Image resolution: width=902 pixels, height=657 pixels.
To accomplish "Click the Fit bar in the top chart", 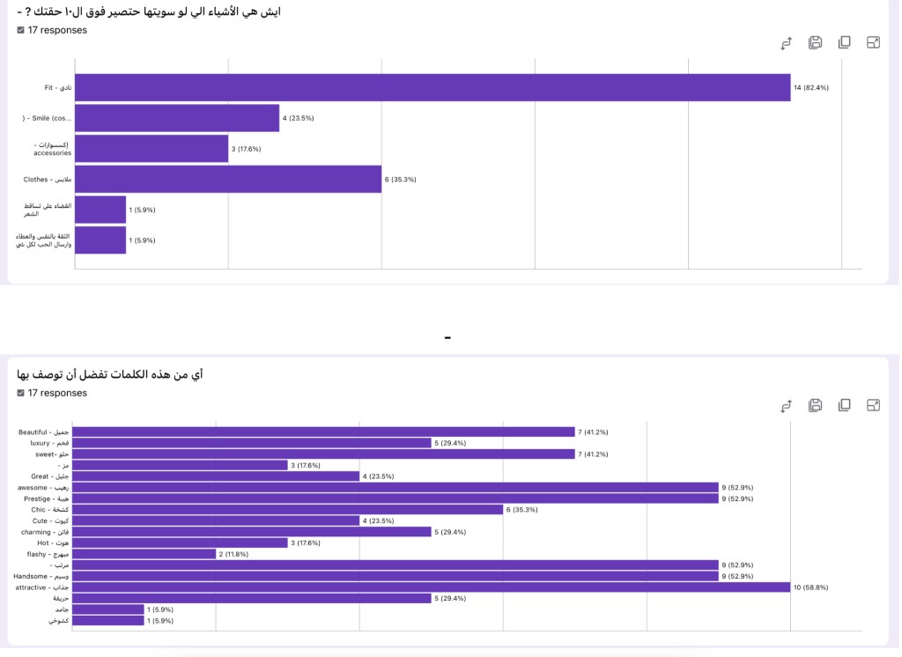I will click(433, 87).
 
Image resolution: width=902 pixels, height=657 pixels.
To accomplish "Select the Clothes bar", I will click(228, 179).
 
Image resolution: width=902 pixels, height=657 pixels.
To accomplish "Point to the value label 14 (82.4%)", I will click(811, 87).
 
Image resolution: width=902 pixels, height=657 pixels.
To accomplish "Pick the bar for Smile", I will click(177, 118).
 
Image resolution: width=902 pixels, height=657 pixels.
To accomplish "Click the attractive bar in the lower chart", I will click(431, 587).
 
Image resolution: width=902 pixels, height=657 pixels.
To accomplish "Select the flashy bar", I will click(144, 554).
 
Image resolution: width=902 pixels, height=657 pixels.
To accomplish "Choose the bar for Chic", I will click(287, 509).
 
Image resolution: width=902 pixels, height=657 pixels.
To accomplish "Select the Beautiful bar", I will click(323, 432).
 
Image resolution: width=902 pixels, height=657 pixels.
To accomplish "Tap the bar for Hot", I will click(180, 543).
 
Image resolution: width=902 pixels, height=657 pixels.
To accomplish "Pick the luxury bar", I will click(251, 443).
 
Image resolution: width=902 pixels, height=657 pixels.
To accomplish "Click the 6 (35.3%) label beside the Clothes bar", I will click(400, 179).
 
